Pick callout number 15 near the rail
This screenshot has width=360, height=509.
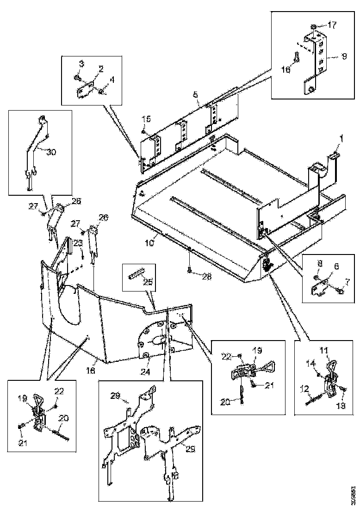coord(146,119)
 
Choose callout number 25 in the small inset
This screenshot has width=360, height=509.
coord(148,282)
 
